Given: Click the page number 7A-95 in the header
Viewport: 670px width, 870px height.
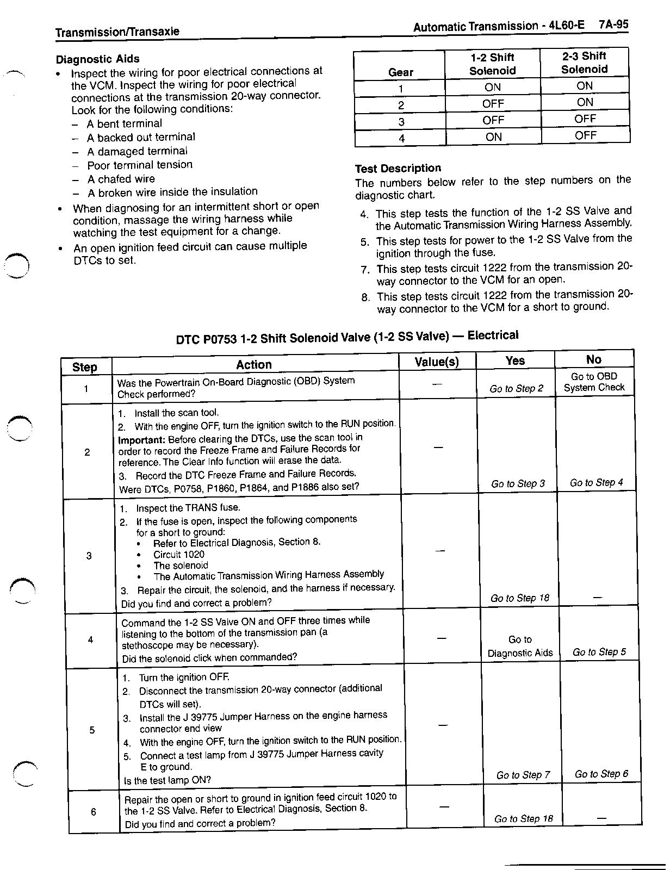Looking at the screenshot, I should point(613,25).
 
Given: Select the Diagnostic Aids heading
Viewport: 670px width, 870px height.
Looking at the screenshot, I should point(98,59).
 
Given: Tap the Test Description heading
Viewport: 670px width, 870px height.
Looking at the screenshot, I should point(398,168).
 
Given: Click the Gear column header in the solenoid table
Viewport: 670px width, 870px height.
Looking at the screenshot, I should point(400,72).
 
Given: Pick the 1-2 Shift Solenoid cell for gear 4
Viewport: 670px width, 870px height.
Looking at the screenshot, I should point(493,136).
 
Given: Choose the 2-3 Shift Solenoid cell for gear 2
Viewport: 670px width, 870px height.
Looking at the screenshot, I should point(585,102).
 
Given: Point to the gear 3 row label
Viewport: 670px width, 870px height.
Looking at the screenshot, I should point(400,121).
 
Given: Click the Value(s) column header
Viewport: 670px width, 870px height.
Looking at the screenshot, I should point(437,362).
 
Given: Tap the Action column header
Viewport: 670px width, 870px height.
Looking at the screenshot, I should point(254,364).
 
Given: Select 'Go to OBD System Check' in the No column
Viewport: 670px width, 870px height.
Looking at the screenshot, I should point(594,382).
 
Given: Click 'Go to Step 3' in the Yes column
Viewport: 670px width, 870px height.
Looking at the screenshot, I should point(518,483).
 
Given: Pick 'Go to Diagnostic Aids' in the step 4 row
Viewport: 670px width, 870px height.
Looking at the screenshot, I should point(520,646).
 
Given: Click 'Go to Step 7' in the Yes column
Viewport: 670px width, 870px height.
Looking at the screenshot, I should point(523,775).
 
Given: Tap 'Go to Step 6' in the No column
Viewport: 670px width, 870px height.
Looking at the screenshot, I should point(601,774).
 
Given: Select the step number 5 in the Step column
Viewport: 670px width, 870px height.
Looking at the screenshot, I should point(92,730).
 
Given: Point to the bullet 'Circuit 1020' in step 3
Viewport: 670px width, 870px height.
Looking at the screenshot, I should point(179,554).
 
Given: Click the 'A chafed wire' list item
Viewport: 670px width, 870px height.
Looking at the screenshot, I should point(121,179).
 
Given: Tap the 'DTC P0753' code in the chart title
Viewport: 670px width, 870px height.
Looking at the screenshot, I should point(206,339).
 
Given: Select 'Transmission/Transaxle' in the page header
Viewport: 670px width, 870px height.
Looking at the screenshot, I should point(117,32).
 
